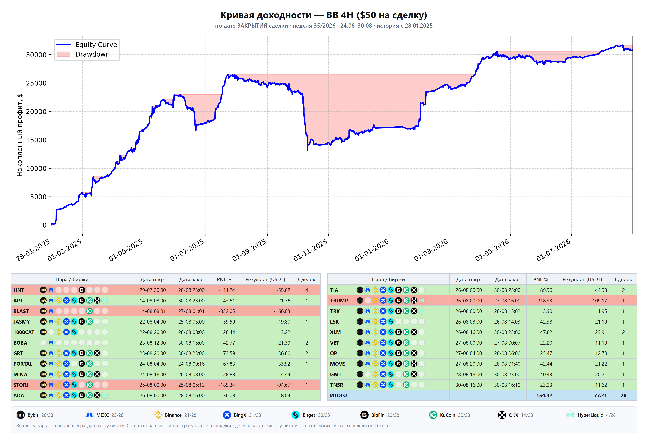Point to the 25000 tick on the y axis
point(36,83)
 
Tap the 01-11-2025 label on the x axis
point(310,250)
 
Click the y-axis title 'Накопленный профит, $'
point(19,135)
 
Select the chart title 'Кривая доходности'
point(266,15)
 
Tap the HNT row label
point(19,290)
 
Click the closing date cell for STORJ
point(191,385)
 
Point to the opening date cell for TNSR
point(468,385)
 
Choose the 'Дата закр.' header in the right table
point(507,279)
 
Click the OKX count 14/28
point(527,415)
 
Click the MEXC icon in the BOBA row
point(51,343)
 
